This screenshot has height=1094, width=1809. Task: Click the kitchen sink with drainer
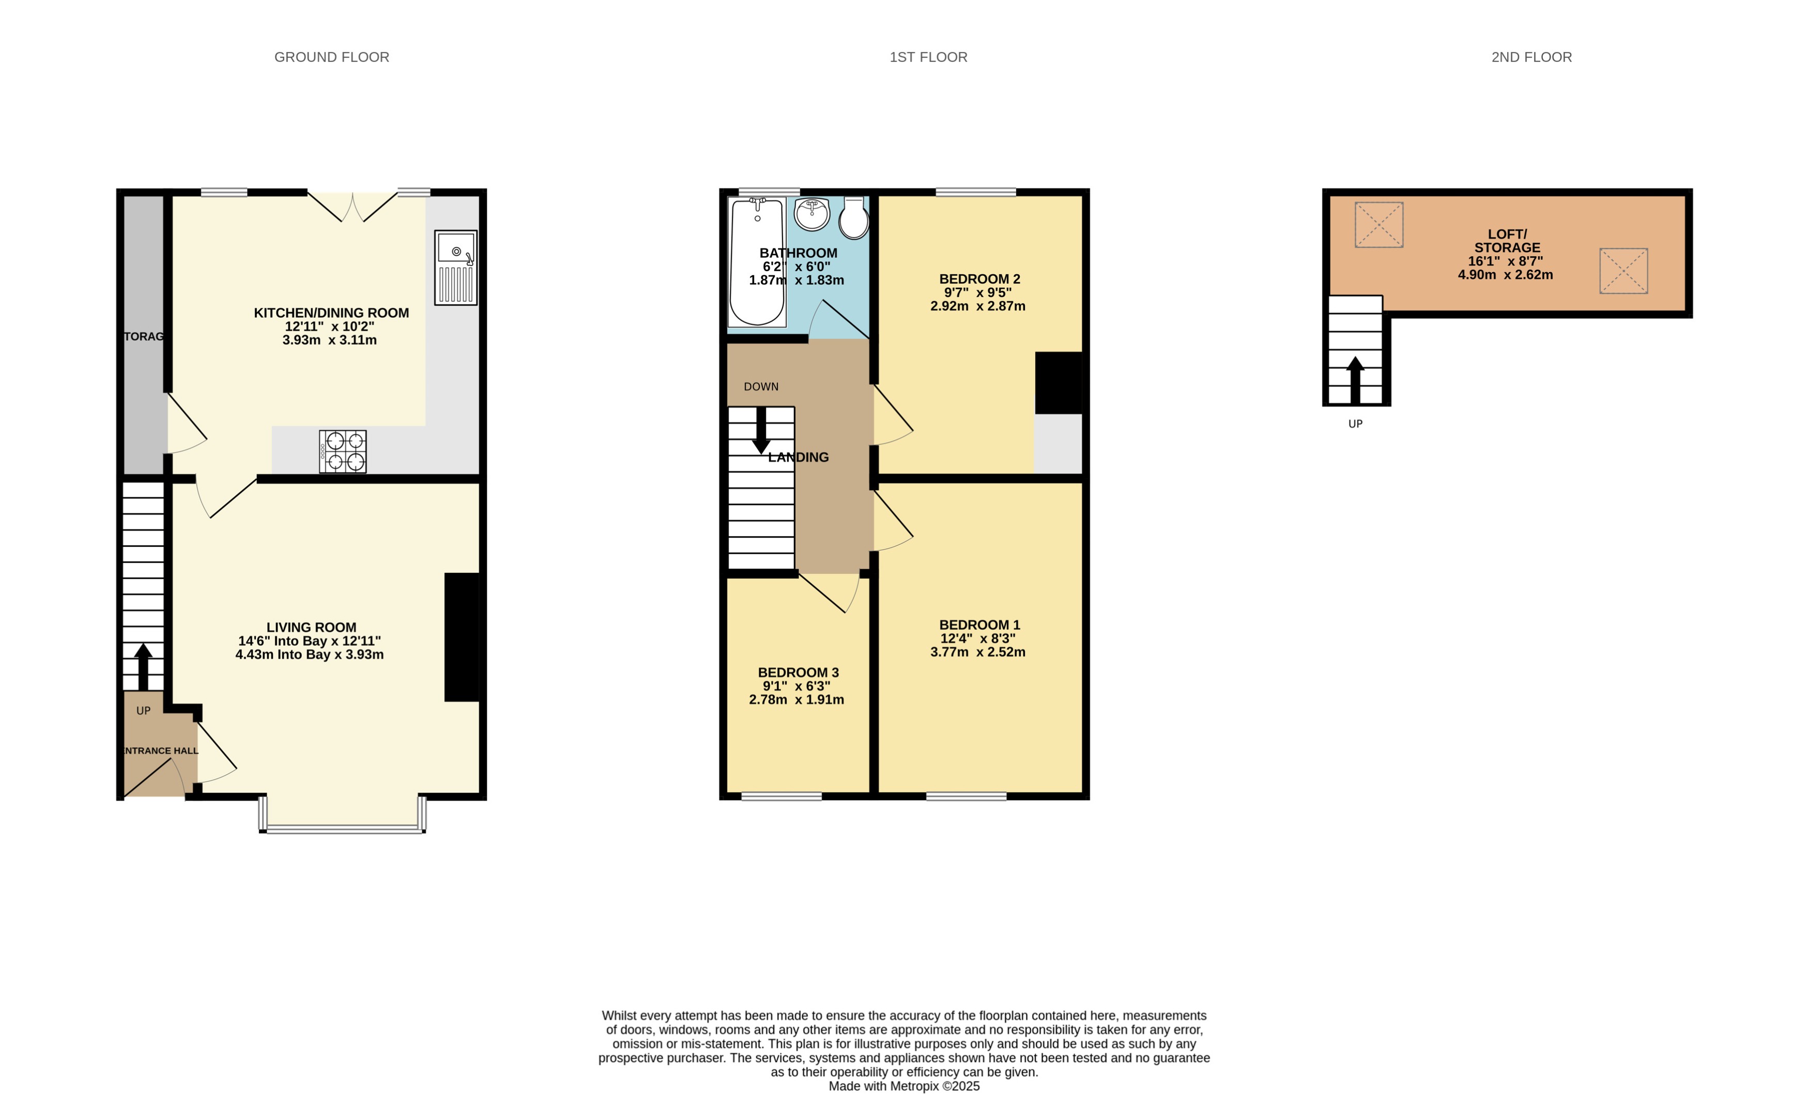pos(455,267)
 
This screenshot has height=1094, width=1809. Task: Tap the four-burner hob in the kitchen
pos(343,451)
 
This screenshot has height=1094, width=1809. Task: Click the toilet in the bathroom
pos(854,218)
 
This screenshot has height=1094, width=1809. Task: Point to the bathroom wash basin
pos(812,213)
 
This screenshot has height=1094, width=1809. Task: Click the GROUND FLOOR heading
pos(332,57)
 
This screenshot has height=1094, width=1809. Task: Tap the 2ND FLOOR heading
pos(1531,57)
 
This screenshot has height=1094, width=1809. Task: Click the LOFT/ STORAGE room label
pos(1507,241)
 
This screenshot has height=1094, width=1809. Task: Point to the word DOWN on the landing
pos(761,387)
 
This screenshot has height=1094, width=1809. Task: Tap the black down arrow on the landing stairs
pos(761,430)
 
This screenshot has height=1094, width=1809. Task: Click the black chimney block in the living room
pos(462,637)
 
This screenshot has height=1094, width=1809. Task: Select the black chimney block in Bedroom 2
pos(1058,383)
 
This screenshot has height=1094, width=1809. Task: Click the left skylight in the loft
pos(1379,225)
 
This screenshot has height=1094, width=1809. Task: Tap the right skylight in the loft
pos(1623,271)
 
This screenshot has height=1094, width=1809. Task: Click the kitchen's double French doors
pos(352,207)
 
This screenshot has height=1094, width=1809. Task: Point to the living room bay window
pos(342,829)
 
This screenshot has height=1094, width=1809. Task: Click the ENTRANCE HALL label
pos(160,751)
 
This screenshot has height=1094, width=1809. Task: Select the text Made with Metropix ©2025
pos(904,1086)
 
